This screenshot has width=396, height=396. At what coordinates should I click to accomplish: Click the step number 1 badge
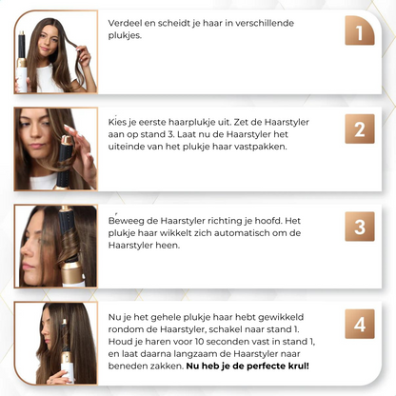(359, 35)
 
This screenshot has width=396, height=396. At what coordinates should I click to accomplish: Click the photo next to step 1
(55, 51)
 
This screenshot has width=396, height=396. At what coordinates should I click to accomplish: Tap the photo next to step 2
(55, 148)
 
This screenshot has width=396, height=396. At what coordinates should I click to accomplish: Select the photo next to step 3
(55, 246)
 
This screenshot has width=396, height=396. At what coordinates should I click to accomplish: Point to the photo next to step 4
(55, 343)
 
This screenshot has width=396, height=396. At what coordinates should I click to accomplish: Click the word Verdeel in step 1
(127, 22)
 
